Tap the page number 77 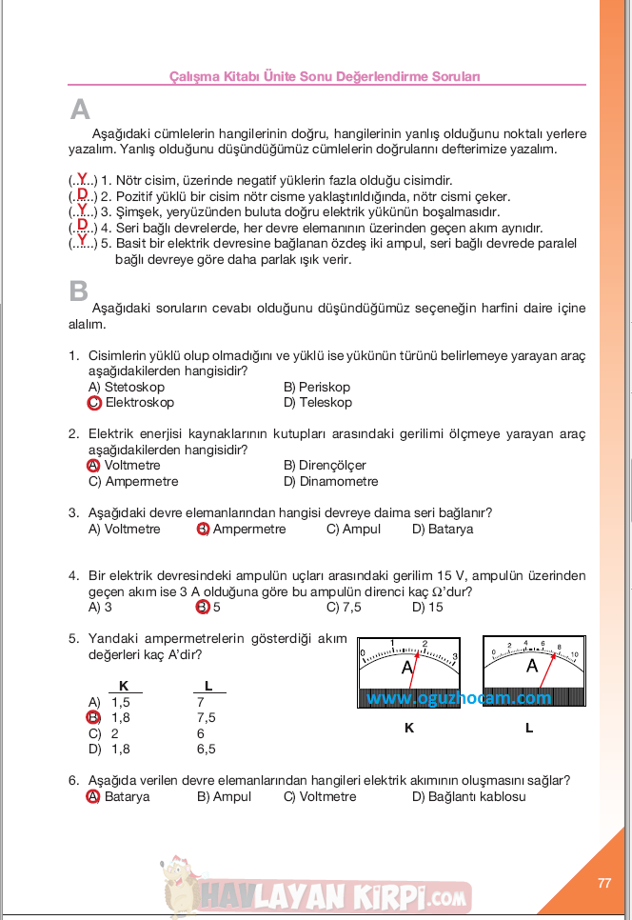[x=603, y=883]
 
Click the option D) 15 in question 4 [x=427, y=607]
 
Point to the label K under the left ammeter [x=409, y=729]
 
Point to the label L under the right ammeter [x=529, y=729]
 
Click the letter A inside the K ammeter [x=407, y=668]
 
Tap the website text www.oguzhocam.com [x=459, y=698]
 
